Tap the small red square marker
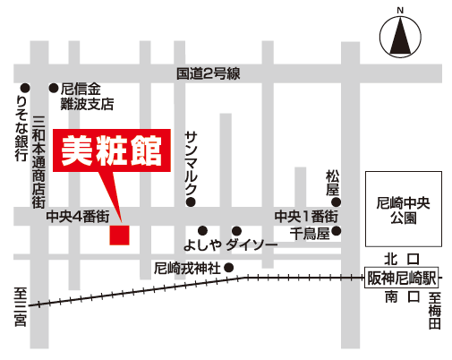pyautogui.click(x=119, y=236)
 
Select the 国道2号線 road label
pyautogui.click(x=209, y=75)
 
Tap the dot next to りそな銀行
pyautogui.click(x=25, y=88)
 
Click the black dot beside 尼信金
pyautogui.click(x=53, y=88)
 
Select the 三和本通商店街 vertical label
pyautogui.click(x=38, y=161)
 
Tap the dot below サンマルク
pyautogui.click(x=190, y=202)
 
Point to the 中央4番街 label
pyautogui.click(x=78, y=216)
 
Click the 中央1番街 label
pyautogui.click(x=306, y=216)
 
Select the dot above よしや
pyautogui.click(x=203, y=230)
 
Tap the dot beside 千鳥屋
pyautogui.click(x=337, y=231)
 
